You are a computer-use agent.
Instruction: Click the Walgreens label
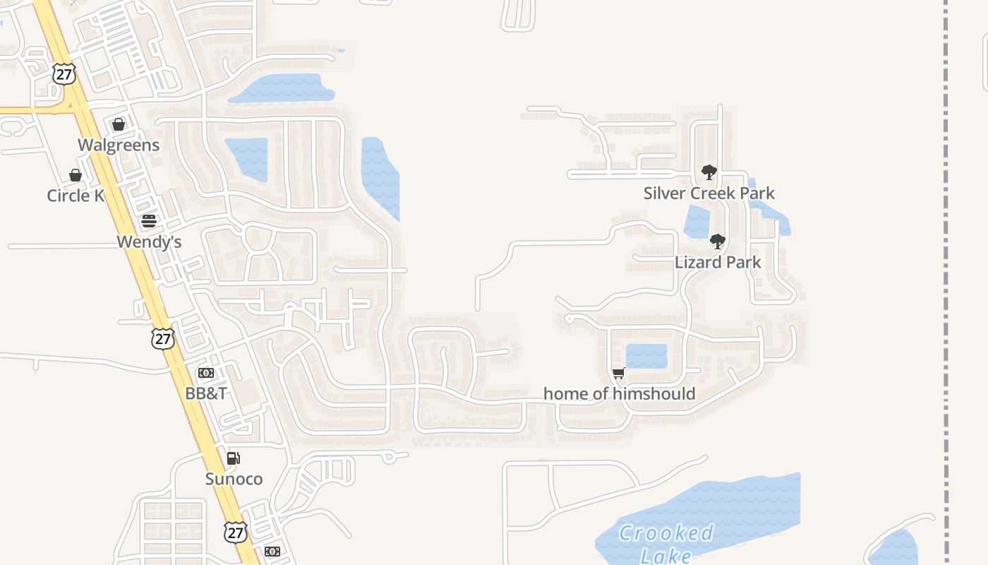tap(119, 145)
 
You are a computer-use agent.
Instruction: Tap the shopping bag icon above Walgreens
tap(119, 125)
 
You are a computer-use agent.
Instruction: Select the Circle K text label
tap(76, 196)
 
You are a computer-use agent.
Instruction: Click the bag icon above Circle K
tap(76, 175)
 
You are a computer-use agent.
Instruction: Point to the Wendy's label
tap(149, 242)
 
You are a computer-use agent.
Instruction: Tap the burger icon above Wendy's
tap(148, 221)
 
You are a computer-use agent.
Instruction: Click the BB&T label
tap(206, 393)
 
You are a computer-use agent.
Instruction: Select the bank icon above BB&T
tap(206, 373)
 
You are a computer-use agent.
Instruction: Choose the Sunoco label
tap(234, 479)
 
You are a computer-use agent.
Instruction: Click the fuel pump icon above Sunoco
tap(234, 458)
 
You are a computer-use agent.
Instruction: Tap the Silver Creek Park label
tap(709, 193)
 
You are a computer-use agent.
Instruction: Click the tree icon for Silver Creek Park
tap(709, 172)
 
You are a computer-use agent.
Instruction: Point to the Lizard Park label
tap(718, 262)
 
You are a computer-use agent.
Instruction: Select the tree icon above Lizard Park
tap(718, 242)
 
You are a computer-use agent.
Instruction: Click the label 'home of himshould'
tap(619, 393)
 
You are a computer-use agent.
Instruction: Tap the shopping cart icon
tap(619, 373)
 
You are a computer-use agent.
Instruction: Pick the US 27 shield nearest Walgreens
tap(64, 73)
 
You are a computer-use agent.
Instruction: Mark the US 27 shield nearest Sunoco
tap(236, 531)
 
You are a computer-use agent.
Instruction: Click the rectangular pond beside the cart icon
tap(646, 356)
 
